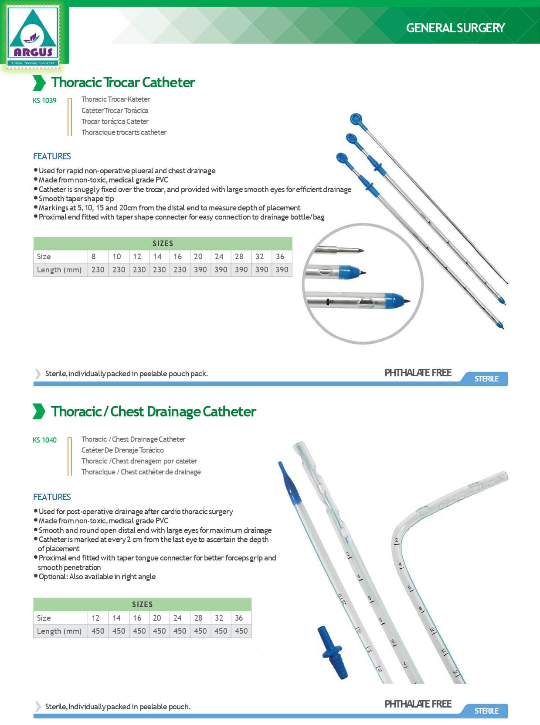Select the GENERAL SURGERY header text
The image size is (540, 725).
click(455, 28)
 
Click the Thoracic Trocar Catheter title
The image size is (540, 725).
click(123, 82)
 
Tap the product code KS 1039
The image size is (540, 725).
click(44, 100)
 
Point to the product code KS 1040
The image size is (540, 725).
click(44, 440)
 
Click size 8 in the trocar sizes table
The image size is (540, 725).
click(93, 257)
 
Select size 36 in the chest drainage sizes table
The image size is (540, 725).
click(239, 618)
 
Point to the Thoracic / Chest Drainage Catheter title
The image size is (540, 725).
click(153, 412)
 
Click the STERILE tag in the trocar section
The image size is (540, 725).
click(486, 379)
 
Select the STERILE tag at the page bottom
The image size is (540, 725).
click(486, 711)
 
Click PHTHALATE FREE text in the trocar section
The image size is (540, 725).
click(418, 373)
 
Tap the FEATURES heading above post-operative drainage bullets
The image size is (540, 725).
click(52, 497)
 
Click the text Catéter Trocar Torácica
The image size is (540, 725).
click(115, 110)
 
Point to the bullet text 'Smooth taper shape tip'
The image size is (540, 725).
click(76, 199)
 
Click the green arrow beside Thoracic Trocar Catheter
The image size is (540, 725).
click(39, 82)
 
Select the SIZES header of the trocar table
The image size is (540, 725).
click(163, 244)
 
